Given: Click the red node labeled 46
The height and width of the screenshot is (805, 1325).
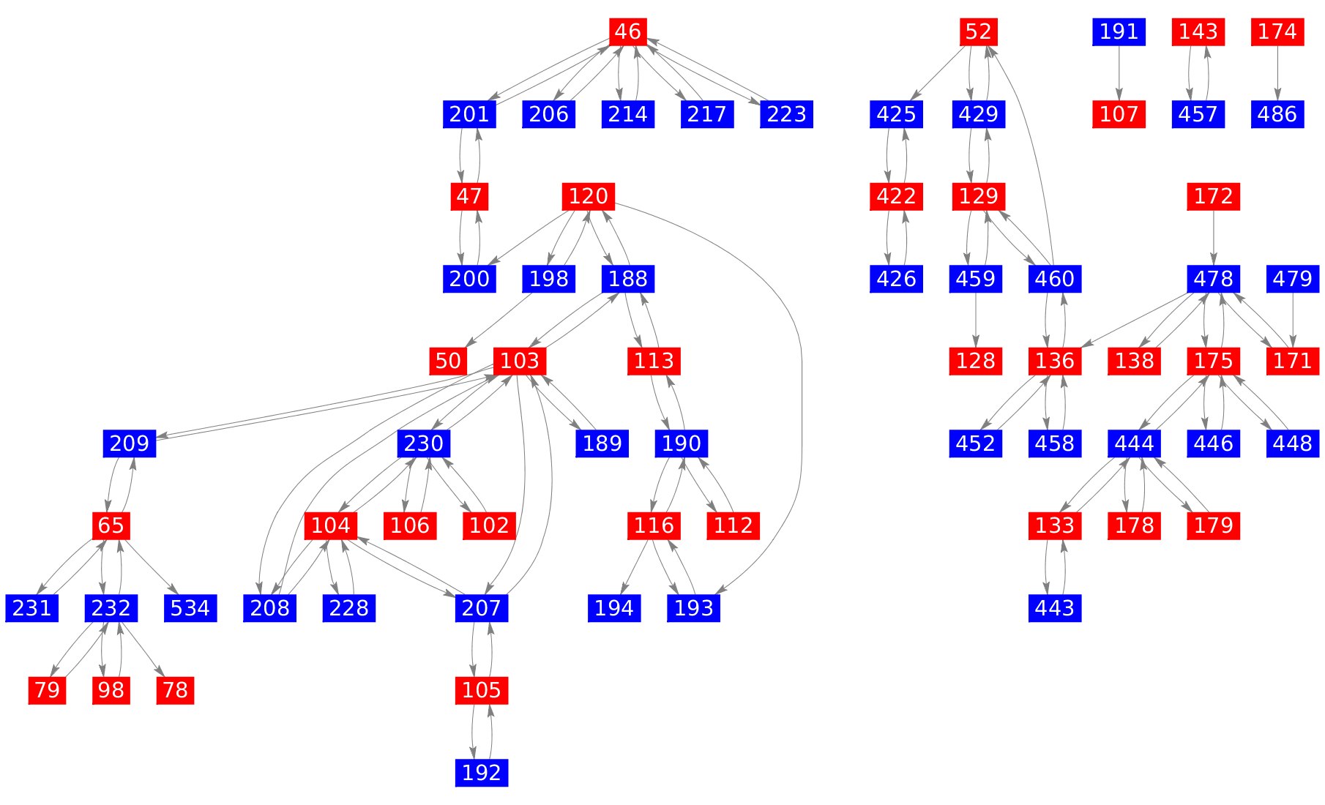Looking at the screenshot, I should click(627, 31).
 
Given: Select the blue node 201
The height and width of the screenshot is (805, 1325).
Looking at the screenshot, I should click(469, 114).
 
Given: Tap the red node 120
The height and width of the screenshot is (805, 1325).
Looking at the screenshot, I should click(589, 196).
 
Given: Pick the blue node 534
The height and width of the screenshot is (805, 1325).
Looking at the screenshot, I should click(190, 608).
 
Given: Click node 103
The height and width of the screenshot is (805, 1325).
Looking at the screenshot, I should click(520, 361).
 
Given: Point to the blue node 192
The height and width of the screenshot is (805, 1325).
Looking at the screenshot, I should click(482, 773).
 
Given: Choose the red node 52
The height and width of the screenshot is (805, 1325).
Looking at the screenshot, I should click(979, 31).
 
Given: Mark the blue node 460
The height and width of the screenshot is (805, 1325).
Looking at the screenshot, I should click(1055, 279).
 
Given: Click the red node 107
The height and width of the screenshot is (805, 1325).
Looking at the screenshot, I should click(1119, 114).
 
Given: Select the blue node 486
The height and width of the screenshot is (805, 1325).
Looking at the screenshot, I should click(1277, 114).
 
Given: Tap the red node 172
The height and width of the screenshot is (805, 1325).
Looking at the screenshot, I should click(1214, 196).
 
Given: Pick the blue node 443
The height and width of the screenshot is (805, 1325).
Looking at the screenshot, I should click(1055, 608).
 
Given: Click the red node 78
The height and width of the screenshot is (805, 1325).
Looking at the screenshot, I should click(175, 690).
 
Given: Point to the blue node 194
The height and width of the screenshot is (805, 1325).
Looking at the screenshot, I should click(614, 608).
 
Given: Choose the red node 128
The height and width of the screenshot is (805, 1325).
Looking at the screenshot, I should click(976, 361).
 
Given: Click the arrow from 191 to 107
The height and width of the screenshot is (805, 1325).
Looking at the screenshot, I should click(1119, 73).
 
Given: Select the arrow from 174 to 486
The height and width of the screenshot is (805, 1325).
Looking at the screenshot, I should click(1277, 73).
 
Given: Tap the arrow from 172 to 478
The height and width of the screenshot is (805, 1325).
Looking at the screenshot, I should click(1214, 238).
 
